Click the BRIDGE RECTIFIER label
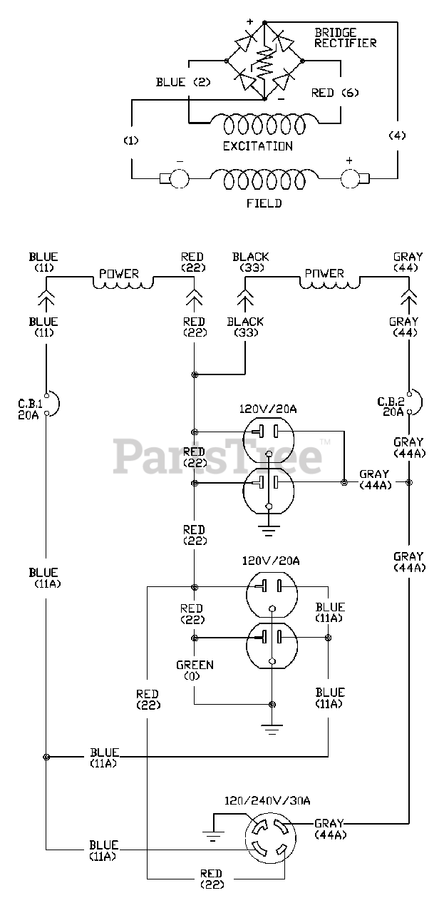[x=346, y=38]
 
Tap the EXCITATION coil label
[x=257, y=146]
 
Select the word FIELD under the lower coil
[x=264, y=203]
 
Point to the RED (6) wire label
[x=335, y=93]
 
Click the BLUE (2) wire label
[x=183, y=82]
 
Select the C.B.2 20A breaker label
[x=391, y=407]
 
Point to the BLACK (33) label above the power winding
[x=251, y=262]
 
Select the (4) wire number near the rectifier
[x=397, y=136]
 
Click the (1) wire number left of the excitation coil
[x=131, y=141]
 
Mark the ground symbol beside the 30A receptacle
[x=213, y=835]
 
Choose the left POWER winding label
[x=119, y=274]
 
